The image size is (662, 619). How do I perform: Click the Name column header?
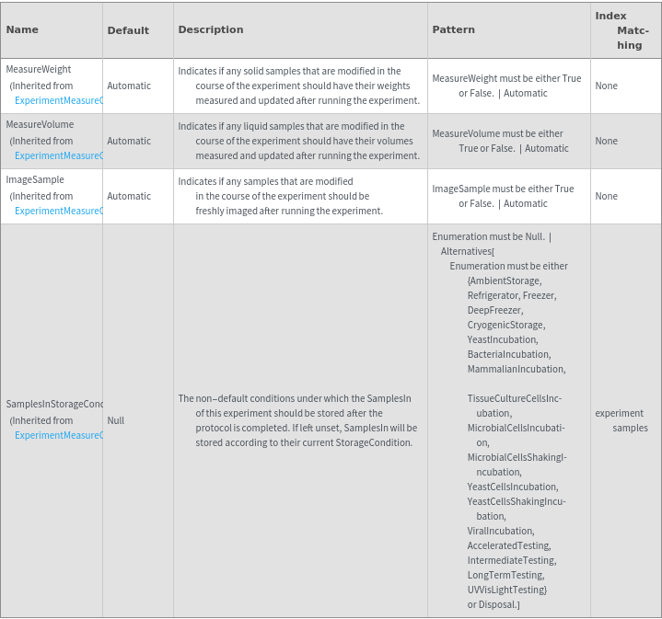click(x=22, y=29)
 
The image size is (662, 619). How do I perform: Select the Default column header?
click(x=128, y=30)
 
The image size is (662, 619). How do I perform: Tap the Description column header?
click(x=211, y=29)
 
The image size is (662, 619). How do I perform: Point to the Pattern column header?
click(x=454, y=29)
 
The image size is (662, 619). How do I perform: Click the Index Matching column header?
click(x=625, y=30)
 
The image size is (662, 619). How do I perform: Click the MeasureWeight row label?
click(x=39, y=69)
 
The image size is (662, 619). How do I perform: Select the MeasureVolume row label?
click(x=40, y=124)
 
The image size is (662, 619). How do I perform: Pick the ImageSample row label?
click(x=35, y=179)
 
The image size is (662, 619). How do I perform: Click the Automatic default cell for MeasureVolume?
click(x=129, y=141)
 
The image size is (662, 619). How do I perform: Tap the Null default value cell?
click(x=116, y=420)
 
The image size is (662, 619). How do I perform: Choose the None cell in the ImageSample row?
click(x=607, y=196)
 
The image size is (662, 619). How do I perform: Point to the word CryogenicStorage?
click(x=505, y=325)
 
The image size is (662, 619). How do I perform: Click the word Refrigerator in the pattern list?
click(x=493, y=295)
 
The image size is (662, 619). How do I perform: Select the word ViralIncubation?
click(x=500, y=531)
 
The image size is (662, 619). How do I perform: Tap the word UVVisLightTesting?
click(x=506, y=590)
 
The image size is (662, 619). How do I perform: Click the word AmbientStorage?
click(x=505, y=281)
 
